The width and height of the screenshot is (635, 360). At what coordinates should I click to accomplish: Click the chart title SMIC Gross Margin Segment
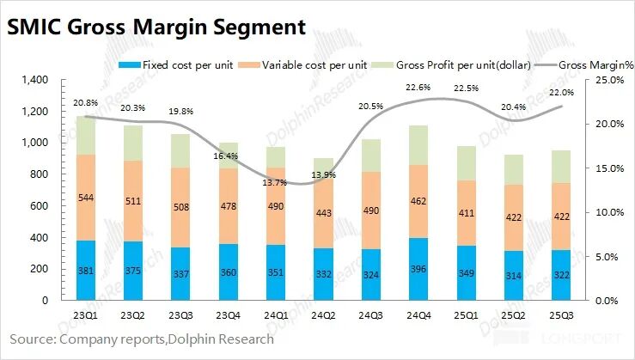point(156,27)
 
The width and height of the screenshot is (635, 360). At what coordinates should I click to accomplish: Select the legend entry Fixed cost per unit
point(168,64)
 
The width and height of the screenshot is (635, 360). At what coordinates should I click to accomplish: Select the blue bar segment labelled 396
point(418,269)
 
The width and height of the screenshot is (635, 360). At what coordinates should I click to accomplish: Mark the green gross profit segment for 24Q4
point(418,144)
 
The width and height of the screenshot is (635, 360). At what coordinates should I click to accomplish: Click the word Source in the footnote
point(31,339)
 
